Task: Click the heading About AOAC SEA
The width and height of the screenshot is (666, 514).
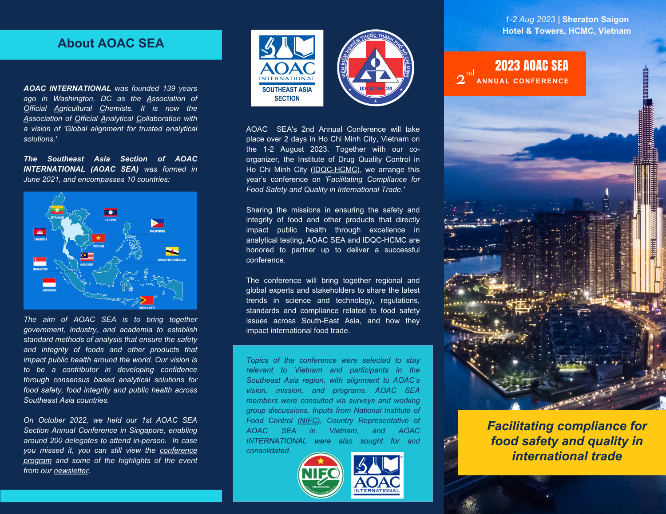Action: pos(111,43)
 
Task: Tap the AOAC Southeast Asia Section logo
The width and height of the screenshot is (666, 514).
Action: pos(287,68)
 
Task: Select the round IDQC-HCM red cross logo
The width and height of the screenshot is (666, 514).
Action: pos(376,68)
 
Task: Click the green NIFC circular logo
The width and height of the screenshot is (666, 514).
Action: pos(321,475)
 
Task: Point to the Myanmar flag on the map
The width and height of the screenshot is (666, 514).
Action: pos(57,210)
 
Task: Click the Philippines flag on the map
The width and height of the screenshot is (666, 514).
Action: pos(158,224)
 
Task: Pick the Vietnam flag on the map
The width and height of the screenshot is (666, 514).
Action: pos(98,238)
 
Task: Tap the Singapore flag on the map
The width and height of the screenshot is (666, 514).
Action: pos(40,261)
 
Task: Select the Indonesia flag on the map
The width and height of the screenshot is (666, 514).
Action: pos(49,283)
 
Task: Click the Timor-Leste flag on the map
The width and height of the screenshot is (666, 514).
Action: pos(147,300)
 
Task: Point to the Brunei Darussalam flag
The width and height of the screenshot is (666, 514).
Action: pos(172,251)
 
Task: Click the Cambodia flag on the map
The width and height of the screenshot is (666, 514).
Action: pos(40,232)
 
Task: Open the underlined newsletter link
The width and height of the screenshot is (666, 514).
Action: pos(71,471)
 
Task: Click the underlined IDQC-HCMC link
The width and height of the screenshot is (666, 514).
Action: pos(335,169)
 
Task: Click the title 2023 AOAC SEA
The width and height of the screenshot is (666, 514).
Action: pos(531,66)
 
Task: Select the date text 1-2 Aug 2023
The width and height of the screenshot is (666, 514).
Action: pos(530,20)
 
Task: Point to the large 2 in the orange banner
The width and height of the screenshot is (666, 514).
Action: pos(460,79)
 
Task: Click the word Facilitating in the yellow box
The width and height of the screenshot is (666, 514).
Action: pos(519,426)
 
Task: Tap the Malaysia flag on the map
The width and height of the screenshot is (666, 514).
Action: pos(87,256)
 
